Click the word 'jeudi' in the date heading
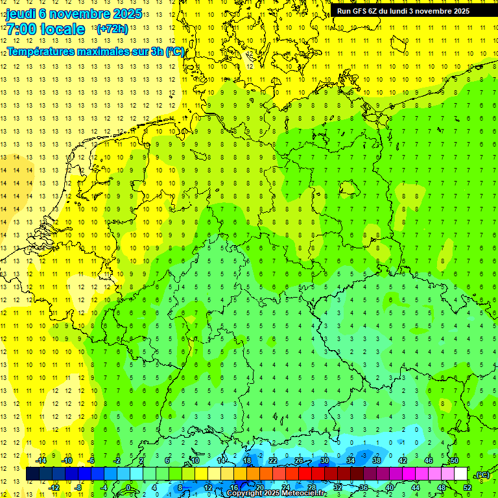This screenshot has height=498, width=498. click(21, 14)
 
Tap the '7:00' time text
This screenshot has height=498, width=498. click(20, 29)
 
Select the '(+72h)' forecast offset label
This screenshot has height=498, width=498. click(112, 29)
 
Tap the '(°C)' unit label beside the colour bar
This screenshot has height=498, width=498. click(482, 475)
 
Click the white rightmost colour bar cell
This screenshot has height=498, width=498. click(460, 474)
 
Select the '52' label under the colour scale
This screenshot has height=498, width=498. click(467, 488)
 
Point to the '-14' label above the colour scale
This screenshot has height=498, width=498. click(40, 460)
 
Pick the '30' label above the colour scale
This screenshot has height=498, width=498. click(324, 460)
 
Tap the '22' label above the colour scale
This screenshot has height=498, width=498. click(273, 460)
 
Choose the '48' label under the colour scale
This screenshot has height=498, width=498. click(442, 488)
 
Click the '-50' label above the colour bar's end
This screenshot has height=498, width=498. click(454, 460)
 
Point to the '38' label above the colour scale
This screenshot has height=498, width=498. click(377, 460)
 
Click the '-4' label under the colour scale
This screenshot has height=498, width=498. click(104, 488)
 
